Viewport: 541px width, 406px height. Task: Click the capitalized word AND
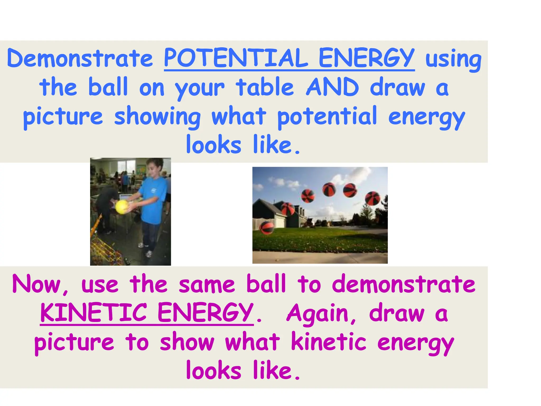pos(332,87)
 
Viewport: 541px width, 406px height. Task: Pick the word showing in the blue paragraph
pos(157,116)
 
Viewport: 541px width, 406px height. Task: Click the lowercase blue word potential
pos(327,116)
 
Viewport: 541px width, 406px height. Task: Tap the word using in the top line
pos(453,59)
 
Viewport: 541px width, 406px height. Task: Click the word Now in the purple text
pos(37,284)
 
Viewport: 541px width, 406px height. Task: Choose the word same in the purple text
pos(207,284)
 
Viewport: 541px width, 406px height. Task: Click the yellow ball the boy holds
pos(122,207)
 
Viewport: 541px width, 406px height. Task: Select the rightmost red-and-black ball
pos(372,198)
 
